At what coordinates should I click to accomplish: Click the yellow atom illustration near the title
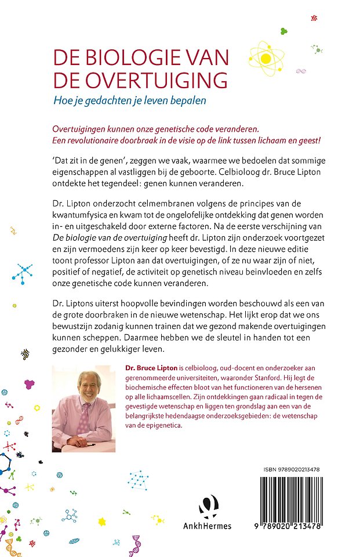coord(266,57)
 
